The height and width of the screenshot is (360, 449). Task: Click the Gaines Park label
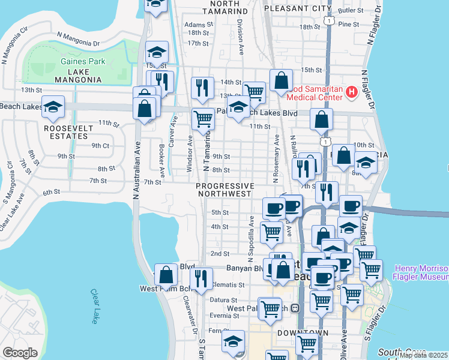pyautogui.click(x=83, y=61)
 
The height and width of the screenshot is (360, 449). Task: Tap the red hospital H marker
pyautogui.click(x=351, y=92)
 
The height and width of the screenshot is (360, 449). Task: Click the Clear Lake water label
pyautogui.click(x=94, y=307)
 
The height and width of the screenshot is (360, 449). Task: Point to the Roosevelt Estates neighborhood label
pyautogui.click(x=70, y=132)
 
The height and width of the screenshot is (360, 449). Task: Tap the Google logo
pyautogui.click(x=20, y=353)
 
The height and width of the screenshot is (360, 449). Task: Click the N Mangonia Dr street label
pyautogui.click(x=78, y=38)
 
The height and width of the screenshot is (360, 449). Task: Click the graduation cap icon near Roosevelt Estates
pyautogui.click(x=53, y=107)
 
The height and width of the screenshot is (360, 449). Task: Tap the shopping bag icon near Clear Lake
pyautogui.click(x=166, y=275)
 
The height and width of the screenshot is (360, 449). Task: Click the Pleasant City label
pyautogui.click(x=297, y=8)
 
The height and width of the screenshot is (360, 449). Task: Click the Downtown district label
pyautogui.click(x=303, y=332)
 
